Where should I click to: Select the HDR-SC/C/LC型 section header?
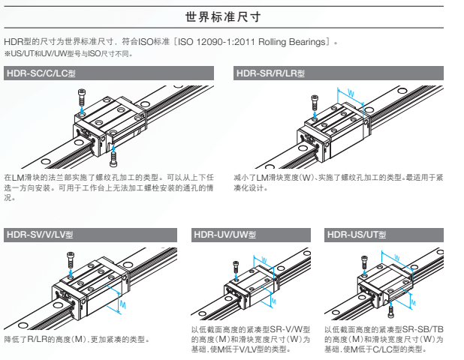click(44, 73)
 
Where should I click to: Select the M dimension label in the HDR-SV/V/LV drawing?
click(123, 306)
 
